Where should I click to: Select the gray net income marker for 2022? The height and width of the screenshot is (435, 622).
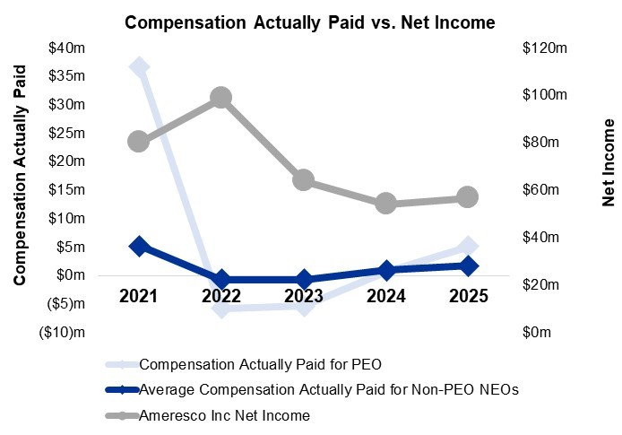pos(220,98)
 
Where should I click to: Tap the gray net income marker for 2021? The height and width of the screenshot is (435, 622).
pos(138,141)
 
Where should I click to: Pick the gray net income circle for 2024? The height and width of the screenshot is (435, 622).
pos(386,203)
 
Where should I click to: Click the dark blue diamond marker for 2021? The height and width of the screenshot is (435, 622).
pos(138,246)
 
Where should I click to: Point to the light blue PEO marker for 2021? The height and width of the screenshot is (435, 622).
pos(139,67)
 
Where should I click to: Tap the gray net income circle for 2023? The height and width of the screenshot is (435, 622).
pos(304,180)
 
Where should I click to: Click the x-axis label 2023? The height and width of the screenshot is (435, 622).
pos(304,297)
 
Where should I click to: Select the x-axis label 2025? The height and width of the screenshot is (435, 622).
pos(469,297)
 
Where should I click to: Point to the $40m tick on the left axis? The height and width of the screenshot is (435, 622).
pos(68,48)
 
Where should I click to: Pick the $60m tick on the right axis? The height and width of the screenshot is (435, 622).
pos(541,190)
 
